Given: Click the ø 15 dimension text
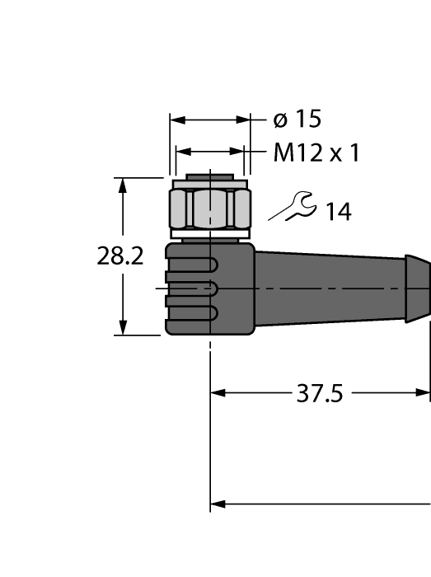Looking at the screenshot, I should (x=297, y=120).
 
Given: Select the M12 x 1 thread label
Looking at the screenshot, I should (x=316, y=153).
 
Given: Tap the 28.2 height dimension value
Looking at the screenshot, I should (x=120, y=256).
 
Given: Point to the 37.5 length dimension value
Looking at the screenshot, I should (x=319, y=394).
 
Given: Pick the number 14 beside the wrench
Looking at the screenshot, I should (x=337, y=212).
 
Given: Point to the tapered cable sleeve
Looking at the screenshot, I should (x=330, y=284).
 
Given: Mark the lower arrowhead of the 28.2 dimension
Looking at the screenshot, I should (x=124, y=328).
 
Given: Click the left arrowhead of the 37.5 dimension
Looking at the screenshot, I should (x=218, y=393).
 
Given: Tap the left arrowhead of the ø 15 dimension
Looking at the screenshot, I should (x=176, y=120).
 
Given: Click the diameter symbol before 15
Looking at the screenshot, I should (x=280, y=120).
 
